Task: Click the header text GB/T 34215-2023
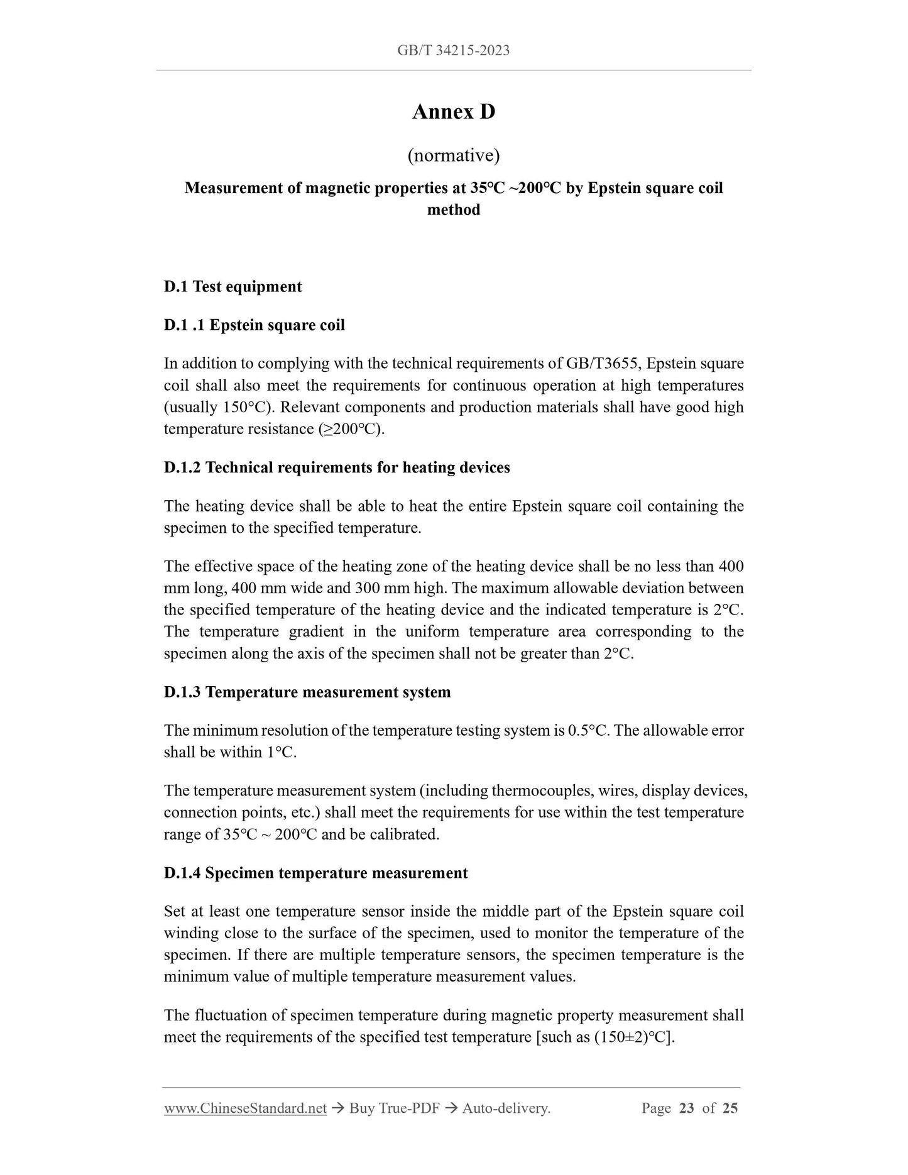tap(453, 51)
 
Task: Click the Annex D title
tap(454, 112)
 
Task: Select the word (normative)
tap(454, 155)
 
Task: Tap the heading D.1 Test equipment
tap(232, 287)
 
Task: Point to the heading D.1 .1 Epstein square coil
tap(254, 325)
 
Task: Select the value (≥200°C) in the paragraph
tap(351, 429)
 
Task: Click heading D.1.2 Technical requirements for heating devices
tap(337, 467)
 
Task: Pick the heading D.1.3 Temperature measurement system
tap(307, 692)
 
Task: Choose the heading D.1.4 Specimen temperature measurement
tap(315, 873)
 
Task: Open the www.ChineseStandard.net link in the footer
tap(245, 1108)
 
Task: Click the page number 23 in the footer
tap(686, 1108)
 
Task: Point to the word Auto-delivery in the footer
tap(505, 1108)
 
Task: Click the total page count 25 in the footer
tap(730, 1108)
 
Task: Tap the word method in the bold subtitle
tap(454, 210)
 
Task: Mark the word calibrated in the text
tap(405, 834)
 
